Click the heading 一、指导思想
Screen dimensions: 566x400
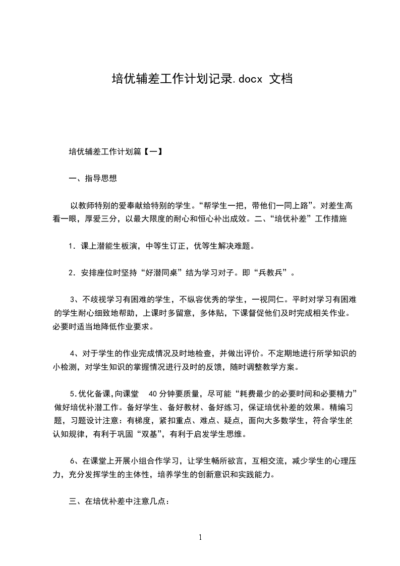click(93, 178)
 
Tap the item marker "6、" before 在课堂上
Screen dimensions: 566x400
click(73, 461)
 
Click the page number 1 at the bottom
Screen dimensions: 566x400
click(200, 537)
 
